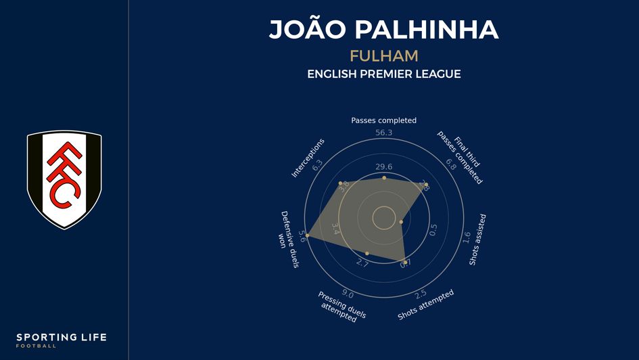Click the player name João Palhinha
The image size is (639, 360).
[x=383, y=30]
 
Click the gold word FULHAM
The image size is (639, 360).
[x=383, y=55]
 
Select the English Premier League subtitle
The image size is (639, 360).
[x=383, y=74]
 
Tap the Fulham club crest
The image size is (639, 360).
[x=64, y=179]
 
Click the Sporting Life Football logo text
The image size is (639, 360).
[x=62, y=340]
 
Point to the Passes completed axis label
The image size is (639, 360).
[x=383, y=120]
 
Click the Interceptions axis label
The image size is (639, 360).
[x=308, y=158]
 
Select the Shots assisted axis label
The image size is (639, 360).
[x=478, y=240]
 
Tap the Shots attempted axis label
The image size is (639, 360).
[x=425, y=305]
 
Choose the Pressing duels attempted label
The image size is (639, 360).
[x=341, y=307]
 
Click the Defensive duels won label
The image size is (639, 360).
[x=288, y=239]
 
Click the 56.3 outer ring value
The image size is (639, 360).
[x=383, y=133]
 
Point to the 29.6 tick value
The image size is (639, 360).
[x=384, y=167]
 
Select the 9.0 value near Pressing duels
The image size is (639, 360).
[x=348, y=293]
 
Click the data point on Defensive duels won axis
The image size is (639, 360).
[x=307, y=235]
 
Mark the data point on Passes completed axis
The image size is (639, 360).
[x=384, y=177]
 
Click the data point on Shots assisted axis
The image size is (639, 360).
[x=401, y=222]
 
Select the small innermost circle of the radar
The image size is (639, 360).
[x=384, y=218]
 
